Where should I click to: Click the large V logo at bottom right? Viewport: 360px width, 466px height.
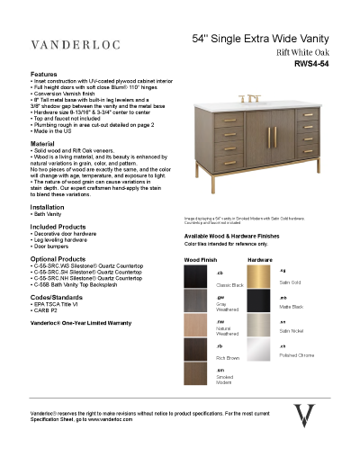tap(306, 418)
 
